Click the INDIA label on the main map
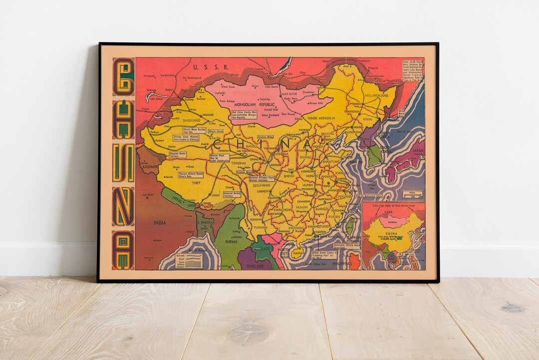coord(160,223)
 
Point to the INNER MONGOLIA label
coord(322,118)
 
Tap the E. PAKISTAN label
coord(204,222)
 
